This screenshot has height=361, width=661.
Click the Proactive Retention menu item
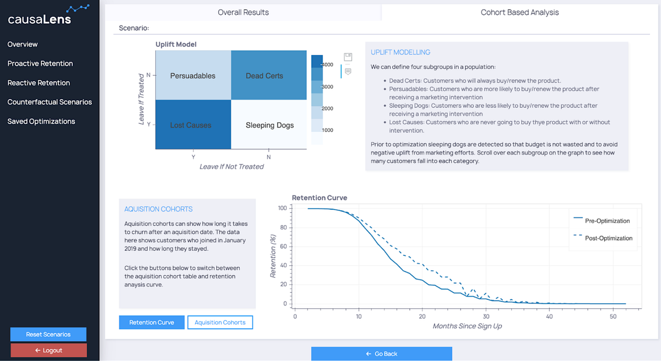pos(40,63)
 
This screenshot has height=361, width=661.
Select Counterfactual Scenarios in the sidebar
pos(50,102)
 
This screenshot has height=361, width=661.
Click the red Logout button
pos(48,350)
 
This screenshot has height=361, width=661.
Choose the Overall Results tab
pos(243,12)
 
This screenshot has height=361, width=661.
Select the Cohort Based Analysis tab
pos(519,12)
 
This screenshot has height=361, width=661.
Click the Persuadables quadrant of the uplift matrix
pos(193,75)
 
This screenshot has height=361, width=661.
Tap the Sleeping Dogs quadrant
pos(269,125)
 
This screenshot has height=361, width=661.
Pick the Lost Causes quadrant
pos(191,125)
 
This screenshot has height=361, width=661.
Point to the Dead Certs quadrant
pos(264,75)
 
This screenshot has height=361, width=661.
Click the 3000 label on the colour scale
pos(327,87)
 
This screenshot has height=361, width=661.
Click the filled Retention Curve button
pos(151,322)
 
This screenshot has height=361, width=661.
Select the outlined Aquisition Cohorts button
pos(220,322)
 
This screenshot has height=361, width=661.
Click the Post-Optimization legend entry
pos(608,238)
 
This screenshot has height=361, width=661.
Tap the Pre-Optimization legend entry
pos(607,221)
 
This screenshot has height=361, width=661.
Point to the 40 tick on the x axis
pos(549,316)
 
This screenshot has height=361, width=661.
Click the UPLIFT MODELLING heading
pos(400,52)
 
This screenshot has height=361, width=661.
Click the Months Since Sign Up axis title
pos(467,326)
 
